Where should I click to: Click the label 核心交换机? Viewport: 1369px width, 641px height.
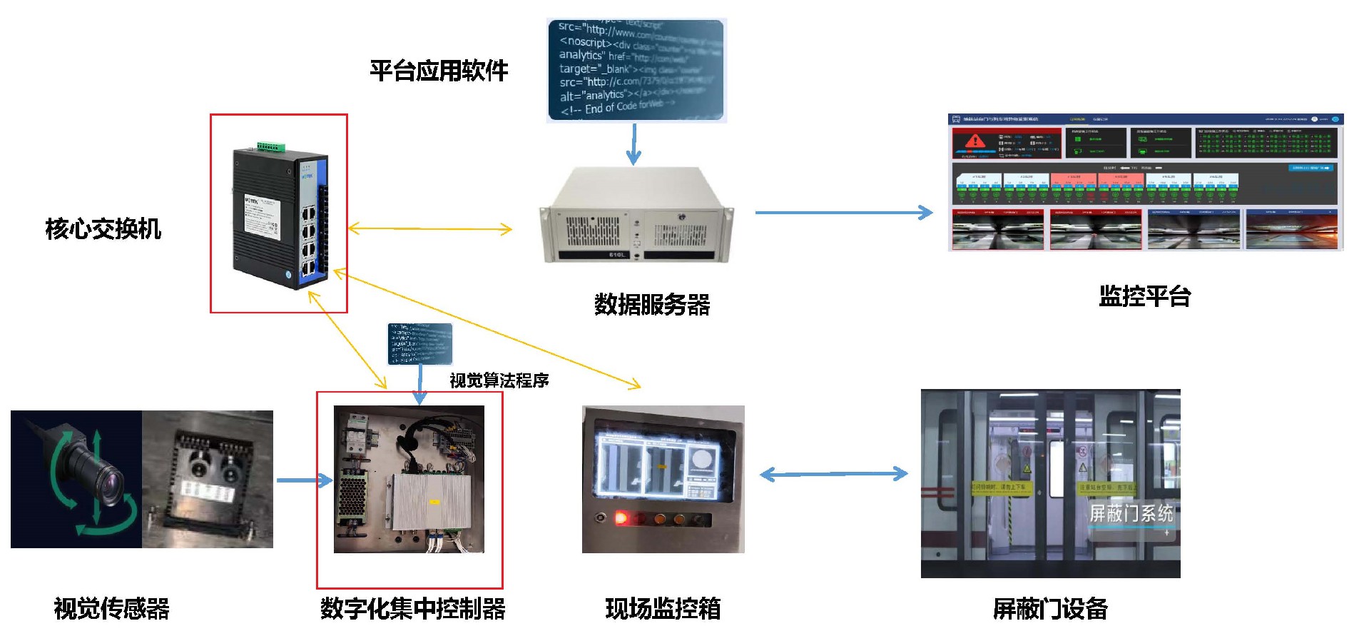103,229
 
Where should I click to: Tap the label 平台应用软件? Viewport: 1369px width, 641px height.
439,71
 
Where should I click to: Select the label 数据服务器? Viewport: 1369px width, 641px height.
652,305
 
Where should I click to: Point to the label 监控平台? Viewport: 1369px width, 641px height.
1144,296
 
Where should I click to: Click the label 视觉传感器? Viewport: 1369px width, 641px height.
112,609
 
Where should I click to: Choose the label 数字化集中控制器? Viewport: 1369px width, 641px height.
412,609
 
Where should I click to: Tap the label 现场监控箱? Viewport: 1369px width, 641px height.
663,609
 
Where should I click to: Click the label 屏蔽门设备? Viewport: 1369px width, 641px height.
1050,609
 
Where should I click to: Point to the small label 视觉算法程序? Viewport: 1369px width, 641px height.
499,380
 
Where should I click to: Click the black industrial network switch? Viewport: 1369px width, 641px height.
280,214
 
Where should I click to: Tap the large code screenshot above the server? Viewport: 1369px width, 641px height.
636,70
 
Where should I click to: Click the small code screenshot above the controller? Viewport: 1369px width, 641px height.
419,343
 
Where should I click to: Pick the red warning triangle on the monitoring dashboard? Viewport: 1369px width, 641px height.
974,141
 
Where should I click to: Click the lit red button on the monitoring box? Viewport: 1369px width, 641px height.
621,518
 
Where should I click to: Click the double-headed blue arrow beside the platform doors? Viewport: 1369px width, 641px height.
833,474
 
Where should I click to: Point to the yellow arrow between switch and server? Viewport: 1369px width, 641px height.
429,229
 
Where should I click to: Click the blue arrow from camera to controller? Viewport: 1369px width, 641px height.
304,480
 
